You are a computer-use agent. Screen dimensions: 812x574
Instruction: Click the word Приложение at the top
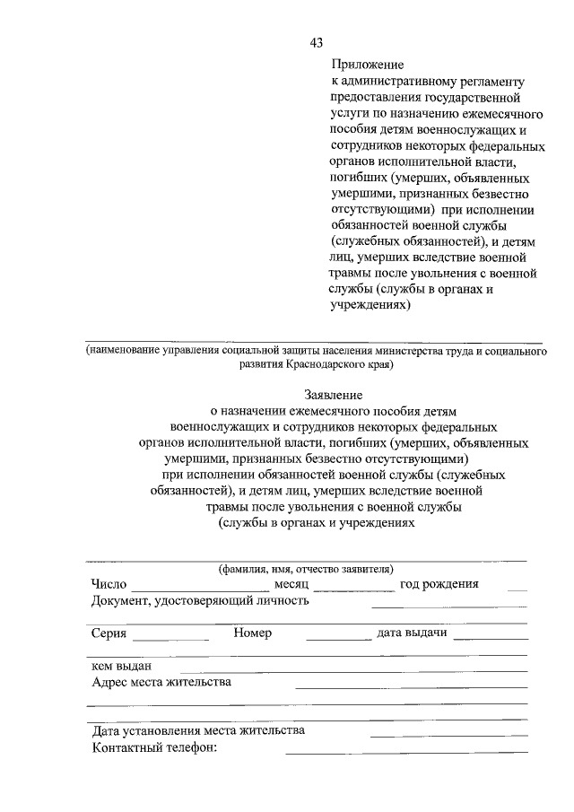[366, 65]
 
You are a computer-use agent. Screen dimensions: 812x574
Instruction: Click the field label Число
[108, 584]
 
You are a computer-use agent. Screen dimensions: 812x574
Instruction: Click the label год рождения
[439, 584]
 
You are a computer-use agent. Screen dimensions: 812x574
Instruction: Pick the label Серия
[109, 633]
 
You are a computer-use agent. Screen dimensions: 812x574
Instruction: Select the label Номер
[252, 633]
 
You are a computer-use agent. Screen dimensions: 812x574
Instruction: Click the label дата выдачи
[412, 633]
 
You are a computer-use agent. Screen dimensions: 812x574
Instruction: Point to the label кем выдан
[121, 666]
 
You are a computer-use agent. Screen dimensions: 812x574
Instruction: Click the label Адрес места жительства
[161, 682]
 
